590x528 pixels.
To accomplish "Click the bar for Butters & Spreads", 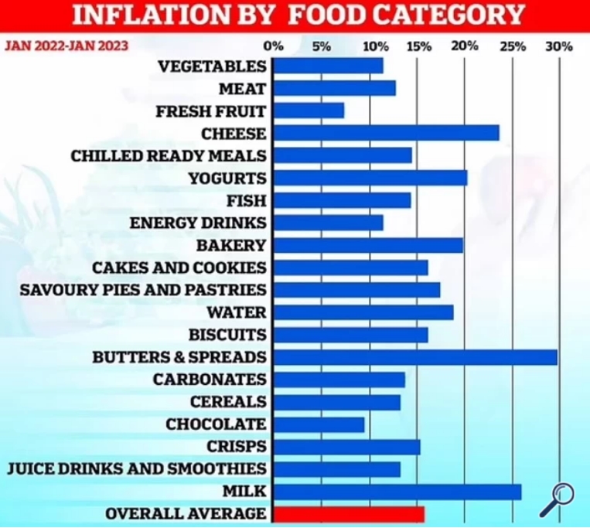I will point(415,357).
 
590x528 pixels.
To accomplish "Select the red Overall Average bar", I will point(349,513).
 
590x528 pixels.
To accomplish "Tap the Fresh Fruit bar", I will point(309,111).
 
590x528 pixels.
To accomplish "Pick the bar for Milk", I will point(397,492).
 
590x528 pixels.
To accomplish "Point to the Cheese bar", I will point(387,133).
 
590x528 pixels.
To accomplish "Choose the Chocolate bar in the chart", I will point(319,424).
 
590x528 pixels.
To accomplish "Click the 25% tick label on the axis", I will point(513,46).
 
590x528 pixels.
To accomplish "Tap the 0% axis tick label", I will point(274,46).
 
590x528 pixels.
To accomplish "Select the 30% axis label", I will point(559,46).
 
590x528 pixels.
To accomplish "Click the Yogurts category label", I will point(227,179).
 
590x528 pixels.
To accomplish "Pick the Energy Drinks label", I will point(198,223).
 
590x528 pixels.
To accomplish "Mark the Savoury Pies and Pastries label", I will point(143,290).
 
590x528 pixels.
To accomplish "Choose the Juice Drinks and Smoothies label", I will point(137,469).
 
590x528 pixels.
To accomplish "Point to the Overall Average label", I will point(186,514).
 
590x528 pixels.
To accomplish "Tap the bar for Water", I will point(363,312).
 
